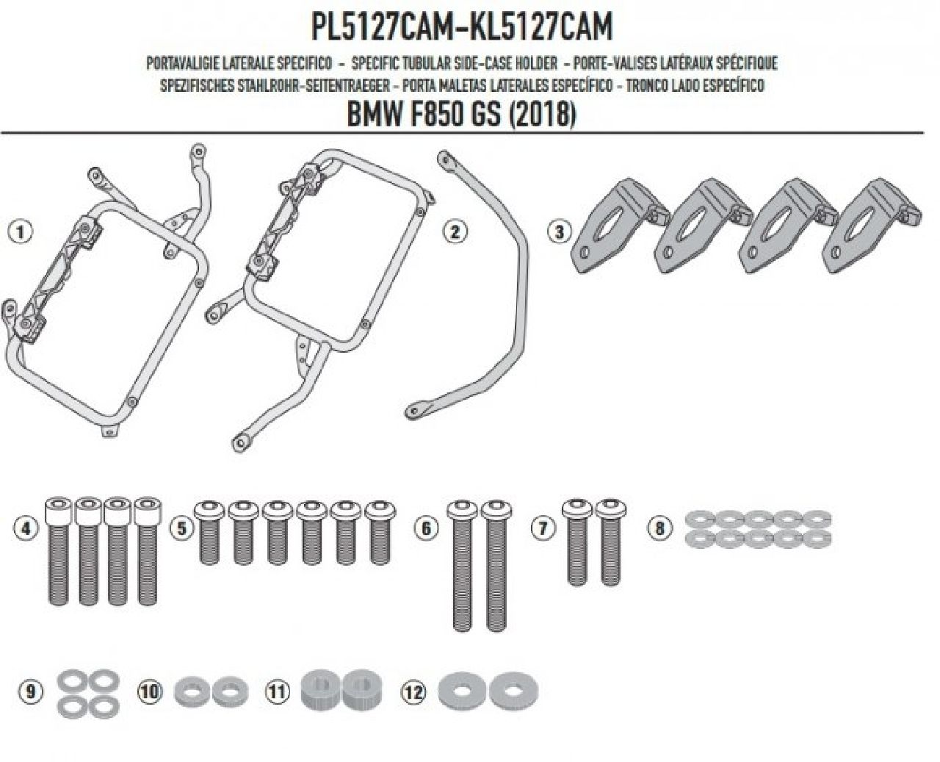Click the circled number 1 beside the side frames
(x=19, y=231)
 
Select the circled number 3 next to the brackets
(x=559, y=231)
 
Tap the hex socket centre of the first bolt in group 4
(x=57, y=504)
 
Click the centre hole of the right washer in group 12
(x=513, y=690)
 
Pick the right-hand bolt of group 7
(x=611, y=542)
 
